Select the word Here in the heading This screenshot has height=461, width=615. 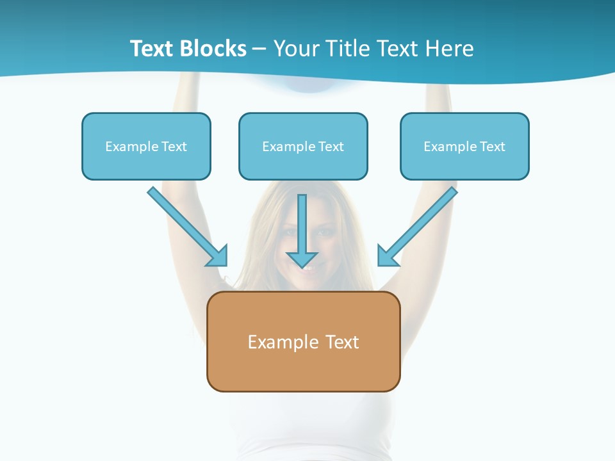tap(450, 49)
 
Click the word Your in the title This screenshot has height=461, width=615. tap(297, 49)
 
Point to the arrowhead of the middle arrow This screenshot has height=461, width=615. tap(302, 259)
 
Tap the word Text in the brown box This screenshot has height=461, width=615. tap(343, 342)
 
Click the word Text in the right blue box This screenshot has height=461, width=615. tap(493, 147)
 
